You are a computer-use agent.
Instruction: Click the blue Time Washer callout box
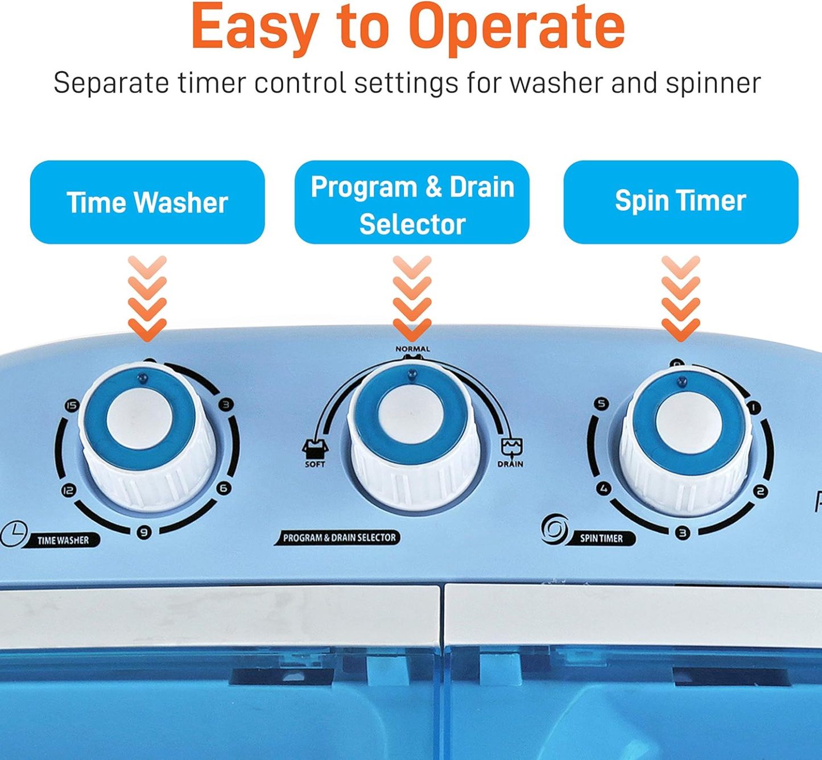(147, 202)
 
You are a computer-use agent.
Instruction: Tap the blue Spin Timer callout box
(681, 202)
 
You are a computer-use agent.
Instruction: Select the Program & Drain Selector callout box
(412, 202)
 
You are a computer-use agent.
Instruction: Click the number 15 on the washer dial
(72, 406)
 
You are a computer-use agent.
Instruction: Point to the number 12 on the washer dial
(68, 490)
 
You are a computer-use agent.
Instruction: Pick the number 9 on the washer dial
(143, 532)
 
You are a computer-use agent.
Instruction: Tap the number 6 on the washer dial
(224, 488)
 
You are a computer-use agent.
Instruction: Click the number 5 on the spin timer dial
(602, 404)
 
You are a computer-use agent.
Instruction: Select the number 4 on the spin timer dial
(604, 489)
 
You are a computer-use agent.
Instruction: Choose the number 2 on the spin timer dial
(761, 491)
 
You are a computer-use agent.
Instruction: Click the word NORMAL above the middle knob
(412, 349)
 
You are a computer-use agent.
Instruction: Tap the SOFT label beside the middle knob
(315, 464)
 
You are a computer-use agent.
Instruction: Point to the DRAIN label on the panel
(510, 464)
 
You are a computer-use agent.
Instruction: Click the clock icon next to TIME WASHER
(14, 534)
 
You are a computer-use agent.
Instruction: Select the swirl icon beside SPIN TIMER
(555, 528)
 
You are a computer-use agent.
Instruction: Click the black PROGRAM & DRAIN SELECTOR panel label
(337, 538)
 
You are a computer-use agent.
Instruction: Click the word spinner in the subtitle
(713, 84)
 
